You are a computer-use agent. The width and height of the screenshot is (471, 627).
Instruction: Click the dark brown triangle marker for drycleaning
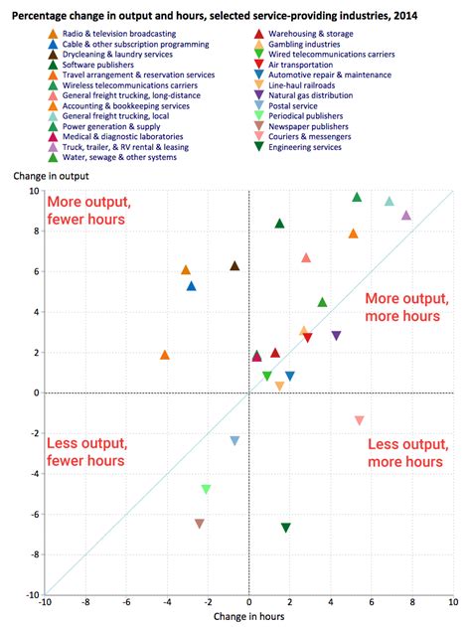click(x=235, y=266)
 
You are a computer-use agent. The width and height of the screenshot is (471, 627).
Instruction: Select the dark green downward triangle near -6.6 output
click(x=286, y=528)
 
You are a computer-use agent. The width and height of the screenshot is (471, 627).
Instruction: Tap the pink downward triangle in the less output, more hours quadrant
click(x=359, y=421)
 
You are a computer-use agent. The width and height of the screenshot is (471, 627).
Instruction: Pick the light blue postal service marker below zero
click(x=235, y=441)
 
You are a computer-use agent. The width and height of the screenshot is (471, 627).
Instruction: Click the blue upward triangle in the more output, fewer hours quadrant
click(x=192, y=286)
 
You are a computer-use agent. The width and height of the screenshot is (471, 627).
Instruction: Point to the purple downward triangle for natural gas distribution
click(x=336, y=336)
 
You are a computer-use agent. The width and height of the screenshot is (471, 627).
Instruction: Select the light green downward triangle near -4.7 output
click(x=206, y=489)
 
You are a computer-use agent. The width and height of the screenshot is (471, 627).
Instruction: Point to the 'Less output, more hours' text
click(x=404, y=453)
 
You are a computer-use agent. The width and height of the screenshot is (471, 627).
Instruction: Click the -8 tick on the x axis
click(x=85, y=602)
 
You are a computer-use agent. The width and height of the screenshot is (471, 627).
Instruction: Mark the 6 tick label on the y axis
click(x=35, y=271)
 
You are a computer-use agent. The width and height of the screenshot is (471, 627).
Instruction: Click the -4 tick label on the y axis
click(x=33, y=474)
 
